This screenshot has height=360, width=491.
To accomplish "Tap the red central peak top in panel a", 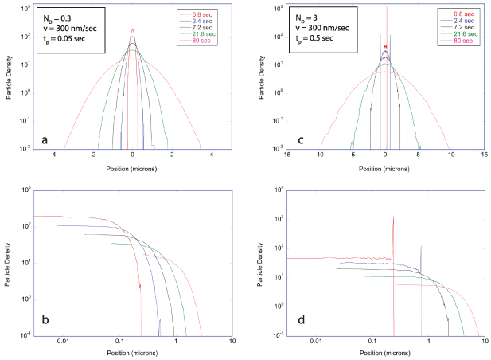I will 132,31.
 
